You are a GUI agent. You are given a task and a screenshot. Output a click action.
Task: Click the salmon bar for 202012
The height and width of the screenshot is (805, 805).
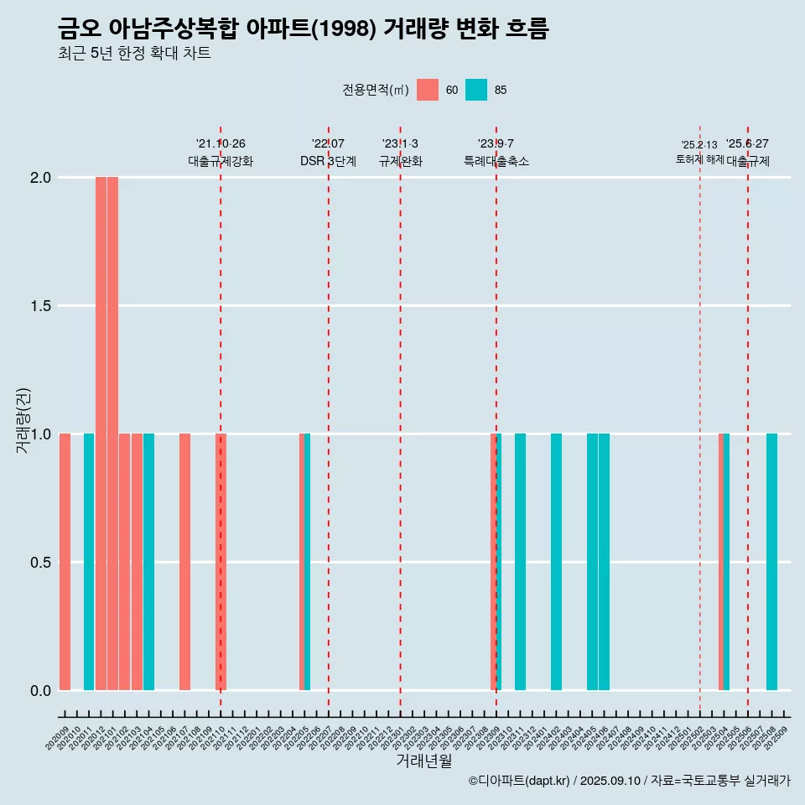pyautogui.click(x=101, y=434)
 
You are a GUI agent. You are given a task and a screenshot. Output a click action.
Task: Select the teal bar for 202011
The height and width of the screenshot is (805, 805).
pyautogui.click(x=89, y=562)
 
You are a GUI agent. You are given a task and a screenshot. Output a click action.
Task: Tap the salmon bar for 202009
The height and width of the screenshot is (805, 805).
pyautogui.click(x=65, y=562)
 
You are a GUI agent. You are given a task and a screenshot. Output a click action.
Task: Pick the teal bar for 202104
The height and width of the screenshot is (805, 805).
pyautogui.click(x=148, y=562)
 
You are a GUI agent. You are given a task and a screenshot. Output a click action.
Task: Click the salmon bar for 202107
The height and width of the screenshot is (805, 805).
pyautogui.click(x=184, y=562)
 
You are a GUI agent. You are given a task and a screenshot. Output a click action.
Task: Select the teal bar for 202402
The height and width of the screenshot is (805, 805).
pyautogui.click(x=556, y=562)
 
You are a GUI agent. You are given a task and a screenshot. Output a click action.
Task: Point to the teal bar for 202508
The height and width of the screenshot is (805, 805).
pyautogui.click(x=771, y=562)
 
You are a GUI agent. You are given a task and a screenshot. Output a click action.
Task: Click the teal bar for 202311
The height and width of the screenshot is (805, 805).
pyautogui.click(x=520, y=562)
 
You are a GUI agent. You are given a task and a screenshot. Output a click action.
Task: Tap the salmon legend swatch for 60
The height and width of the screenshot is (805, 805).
pyautogui.click(x=428, y=90)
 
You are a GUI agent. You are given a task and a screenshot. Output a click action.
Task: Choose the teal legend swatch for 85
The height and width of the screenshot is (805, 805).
pyautogui.click(x=476, y=90)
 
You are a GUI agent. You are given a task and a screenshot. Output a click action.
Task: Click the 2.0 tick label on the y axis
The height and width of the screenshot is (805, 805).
pyautogui.click(x=39, y=178)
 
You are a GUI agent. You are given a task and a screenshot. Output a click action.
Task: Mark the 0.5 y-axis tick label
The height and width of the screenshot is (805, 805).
pyautogui.click(x=39, y=563)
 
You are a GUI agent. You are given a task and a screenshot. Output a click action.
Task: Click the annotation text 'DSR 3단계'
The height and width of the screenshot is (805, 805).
pyautogui.click(x=328, y=161)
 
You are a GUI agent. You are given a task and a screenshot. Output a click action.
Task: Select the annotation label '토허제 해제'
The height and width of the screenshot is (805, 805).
pyautogui.click(x=699, y=159)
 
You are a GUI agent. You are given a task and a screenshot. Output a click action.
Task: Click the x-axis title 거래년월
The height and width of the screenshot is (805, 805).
pyautogui.click(x=423, y=761)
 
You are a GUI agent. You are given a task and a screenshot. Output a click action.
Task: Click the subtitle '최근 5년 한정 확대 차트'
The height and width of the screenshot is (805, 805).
pyautogui.click(x=134, y=54)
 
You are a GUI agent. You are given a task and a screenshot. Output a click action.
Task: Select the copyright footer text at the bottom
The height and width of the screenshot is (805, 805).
pyautogui.click(x=629, y=781)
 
